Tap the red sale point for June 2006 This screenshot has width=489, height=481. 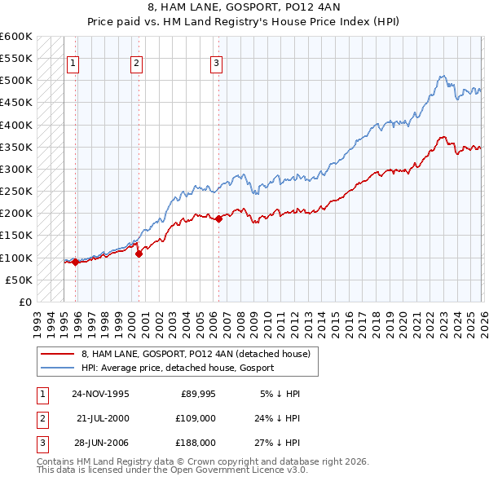coord(218,218)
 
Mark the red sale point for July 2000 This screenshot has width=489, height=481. coord(139,254)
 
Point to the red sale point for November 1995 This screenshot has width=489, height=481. coord(76,262)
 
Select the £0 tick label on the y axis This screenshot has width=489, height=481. coord(24,302)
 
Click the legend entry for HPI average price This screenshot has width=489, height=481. coord(178,368)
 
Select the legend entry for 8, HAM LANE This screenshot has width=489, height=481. coord(196,354)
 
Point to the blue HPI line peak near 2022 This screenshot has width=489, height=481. coord(441,76)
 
